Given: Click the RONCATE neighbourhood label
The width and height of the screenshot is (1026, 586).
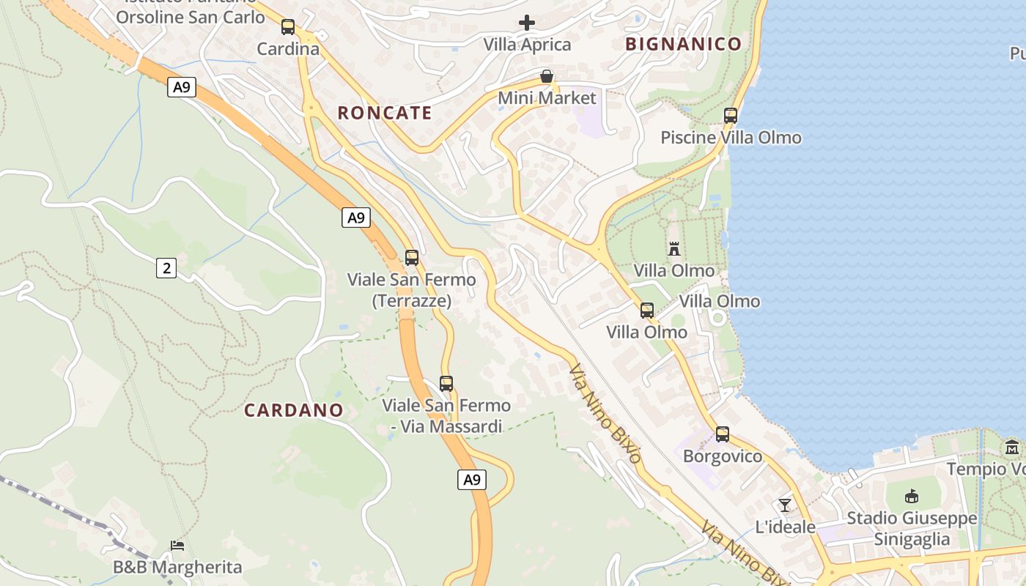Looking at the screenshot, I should click(385, 113).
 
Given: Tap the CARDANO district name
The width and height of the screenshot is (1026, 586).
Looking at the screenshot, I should click(293, 410).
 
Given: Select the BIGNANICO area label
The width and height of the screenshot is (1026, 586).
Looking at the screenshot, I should click(683, 44).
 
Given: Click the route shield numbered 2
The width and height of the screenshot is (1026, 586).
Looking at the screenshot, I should click(166, 268).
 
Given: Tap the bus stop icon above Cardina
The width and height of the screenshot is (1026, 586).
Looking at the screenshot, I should click(288, 27).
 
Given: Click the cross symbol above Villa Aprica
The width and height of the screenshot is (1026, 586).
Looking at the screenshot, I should click(526, 23).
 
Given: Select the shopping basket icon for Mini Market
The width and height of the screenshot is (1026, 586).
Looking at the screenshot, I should click(546, 76).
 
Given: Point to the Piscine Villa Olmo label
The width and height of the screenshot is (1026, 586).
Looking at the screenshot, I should click(731, 138).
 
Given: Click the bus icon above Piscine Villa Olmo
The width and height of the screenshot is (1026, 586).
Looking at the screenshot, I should click(730, 115).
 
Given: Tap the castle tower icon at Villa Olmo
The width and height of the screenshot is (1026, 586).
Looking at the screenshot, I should click(674, 248).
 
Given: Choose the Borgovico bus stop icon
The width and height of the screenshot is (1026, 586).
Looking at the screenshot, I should click(723, 434).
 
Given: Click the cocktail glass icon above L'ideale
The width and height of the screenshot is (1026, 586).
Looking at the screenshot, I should click(785, 505).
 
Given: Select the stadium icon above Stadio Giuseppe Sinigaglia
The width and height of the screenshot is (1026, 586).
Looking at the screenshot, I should click(911, 497).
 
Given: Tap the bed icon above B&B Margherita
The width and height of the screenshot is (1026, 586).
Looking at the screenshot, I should click(177, 545).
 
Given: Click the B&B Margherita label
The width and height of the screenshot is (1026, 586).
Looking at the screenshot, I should click(177, 567).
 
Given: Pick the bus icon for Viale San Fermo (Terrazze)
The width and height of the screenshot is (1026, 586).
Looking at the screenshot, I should click(412, 257).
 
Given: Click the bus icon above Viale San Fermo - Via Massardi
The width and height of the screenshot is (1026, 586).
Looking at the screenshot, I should click(446, 383).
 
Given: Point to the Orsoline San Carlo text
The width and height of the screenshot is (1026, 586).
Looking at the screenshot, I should click(191, 17).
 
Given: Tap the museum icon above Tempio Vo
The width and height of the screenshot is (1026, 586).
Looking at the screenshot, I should click(1012, 447).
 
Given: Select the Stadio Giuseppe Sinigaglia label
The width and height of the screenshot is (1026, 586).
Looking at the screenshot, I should click(912, 529).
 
